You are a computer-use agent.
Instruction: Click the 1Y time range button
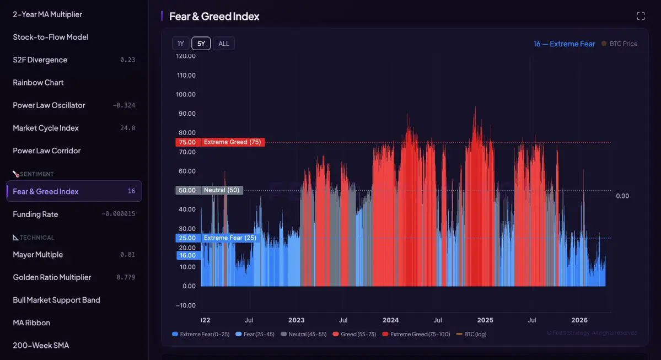click(180, 44)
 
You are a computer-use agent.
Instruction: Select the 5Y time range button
click(201, 44)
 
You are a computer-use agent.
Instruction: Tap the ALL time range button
click(224, 44)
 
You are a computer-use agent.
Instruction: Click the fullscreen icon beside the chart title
click(641, 16)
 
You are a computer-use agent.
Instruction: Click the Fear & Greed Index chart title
click(214, 17)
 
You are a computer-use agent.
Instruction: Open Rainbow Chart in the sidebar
click(39, 83)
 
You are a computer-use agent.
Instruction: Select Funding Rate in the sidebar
click(35, 214)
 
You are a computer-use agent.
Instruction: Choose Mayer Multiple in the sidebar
click(38, 255)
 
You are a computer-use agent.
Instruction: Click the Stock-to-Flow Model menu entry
click(51, 37)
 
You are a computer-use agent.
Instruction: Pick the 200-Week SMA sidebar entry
click(41, 345)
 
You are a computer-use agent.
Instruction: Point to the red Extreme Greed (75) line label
click(232, 142)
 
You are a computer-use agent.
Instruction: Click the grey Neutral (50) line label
click(221, 190)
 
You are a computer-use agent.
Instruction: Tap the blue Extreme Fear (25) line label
click(230, 238)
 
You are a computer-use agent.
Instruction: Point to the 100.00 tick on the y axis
click(186, 94)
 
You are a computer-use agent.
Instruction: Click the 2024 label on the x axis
click(390, 320)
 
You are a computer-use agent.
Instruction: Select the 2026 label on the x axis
click(579, 320)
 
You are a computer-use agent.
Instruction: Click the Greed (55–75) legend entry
click(353, 334)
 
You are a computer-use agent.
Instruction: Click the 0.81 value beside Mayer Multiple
click(127, 255)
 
